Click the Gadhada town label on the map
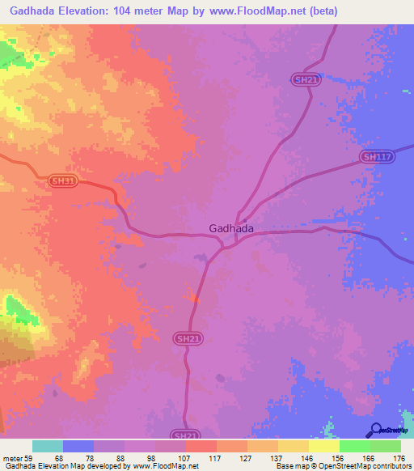[x=231, y=228]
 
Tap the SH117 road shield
[x=376, y=157]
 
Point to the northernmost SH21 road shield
[x=302, y=78]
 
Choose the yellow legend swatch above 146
[x=293, y=446]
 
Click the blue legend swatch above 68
[x=78, y=446]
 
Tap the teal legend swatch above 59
[x=48, y=446]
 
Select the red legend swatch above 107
[x=201, y=446]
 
